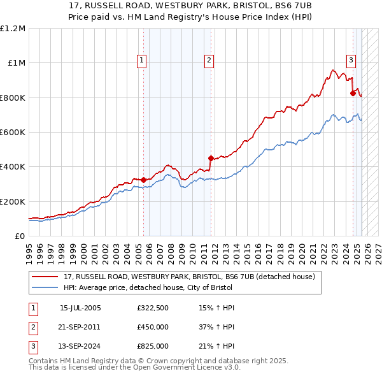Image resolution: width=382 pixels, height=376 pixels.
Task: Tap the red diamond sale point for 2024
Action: coord(353,93)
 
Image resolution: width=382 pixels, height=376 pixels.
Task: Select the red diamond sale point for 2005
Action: coord(143,180)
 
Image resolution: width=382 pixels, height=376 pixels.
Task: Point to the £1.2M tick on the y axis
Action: coord(13,29)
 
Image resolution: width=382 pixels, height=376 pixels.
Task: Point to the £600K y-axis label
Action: coord(13,133)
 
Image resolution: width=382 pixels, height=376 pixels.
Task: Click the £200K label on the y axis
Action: coord(13,201)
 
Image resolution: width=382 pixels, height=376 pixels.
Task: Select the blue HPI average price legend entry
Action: coord(171,287)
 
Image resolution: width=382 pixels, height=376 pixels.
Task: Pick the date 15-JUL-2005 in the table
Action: coord(80,308)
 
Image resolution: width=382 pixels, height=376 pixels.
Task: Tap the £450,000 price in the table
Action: coord(153,327)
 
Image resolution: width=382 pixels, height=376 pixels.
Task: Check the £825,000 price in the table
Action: coord(153,346)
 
